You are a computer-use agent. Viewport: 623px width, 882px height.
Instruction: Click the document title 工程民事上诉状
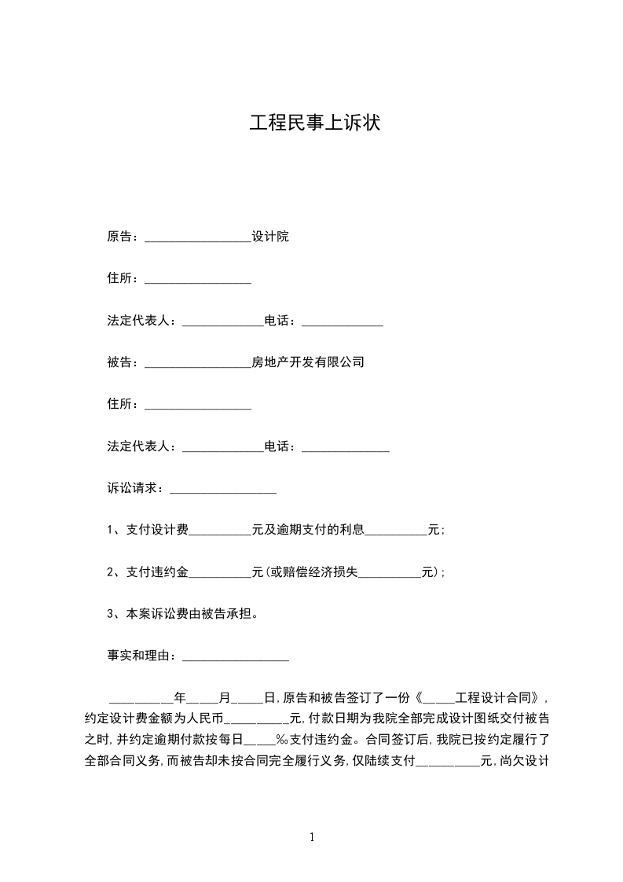pos(314,123)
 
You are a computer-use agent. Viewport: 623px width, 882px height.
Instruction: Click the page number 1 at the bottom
pos(312,837)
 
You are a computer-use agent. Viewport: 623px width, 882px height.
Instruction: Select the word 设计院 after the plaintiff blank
pos(269,237)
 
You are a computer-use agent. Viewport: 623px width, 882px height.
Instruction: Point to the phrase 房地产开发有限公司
pos(307,362)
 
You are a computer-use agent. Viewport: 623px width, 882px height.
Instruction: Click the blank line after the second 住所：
pos(198,406)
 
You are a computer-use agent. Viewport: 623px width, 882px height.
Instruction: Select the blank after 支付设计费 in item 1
pos(220,531)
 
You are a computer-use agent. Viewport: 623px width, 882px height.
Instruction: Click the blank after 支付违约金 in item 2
pos(220,574)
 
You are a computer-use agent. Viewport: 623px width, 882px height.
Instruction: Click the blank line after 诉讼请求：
pos(223,490)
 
